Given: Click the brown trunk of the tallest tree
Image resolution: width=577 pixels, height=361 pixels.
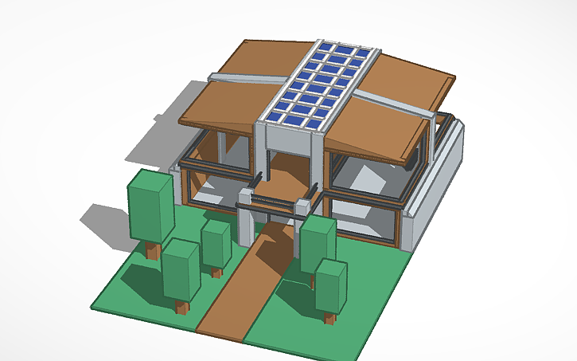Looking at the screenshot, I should tap(152, 252).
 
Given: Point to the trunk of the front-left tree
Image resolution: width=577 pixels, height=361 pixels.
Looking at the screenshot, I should tap(182, 308).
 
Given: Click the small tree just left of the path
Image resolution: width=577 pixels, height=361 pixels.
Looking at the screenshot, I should tap(216, 244).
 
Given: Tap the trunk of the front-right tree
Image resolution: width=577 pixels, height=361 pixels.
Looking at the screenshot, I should tap(329, 318).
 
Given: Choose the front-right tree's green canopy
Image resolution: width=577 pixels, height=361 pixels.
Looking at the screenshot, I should tap(331, 285).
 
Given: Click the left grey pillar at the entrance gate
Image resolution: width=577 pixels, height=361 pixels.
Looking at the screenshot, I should tap(247, 216).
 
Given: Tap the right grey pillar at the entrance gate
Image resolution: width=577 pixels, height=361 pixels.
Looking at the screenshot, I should tap(302, 215).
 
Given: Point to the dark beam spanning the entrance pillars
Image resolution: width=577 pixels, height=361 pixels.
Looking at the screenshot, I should tap(275, 210).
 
